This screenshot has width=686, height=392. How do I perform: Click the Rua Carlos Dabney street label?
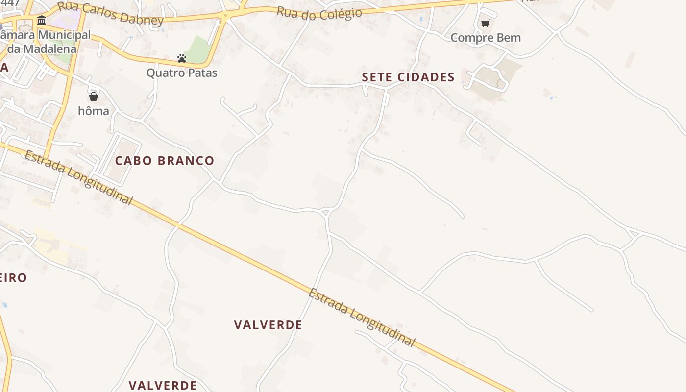[110, 13]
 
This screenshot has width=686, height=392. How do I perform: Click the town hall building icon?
[42, 21]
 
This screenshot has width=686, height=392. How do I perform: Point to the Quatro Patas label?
[182, 73]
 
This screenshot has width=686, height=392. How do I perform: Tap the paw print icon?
[182, 58]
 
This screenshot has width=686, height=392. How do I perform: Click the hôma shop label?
[94, 111]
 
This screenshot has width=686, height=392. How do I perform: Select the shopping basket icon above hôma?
[94, 97]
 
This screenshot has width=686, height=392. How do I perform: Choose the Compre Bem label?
[485, 38]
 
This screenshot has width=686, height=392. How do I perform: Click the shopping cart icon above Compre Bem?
[485, 23]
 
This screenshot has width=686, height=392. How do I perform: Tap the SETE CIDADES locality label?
[408, 77]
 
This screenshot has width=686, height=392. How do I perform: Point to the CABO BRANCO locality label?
[165, 161]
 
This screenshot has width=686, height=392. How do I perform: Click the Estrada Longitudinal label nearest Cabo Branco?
[78, 177]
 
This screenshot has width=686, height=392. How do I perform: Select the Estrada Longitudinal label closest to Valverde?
[362, 317]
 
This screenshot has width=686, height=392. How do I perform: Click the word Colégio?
[341, 13]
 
